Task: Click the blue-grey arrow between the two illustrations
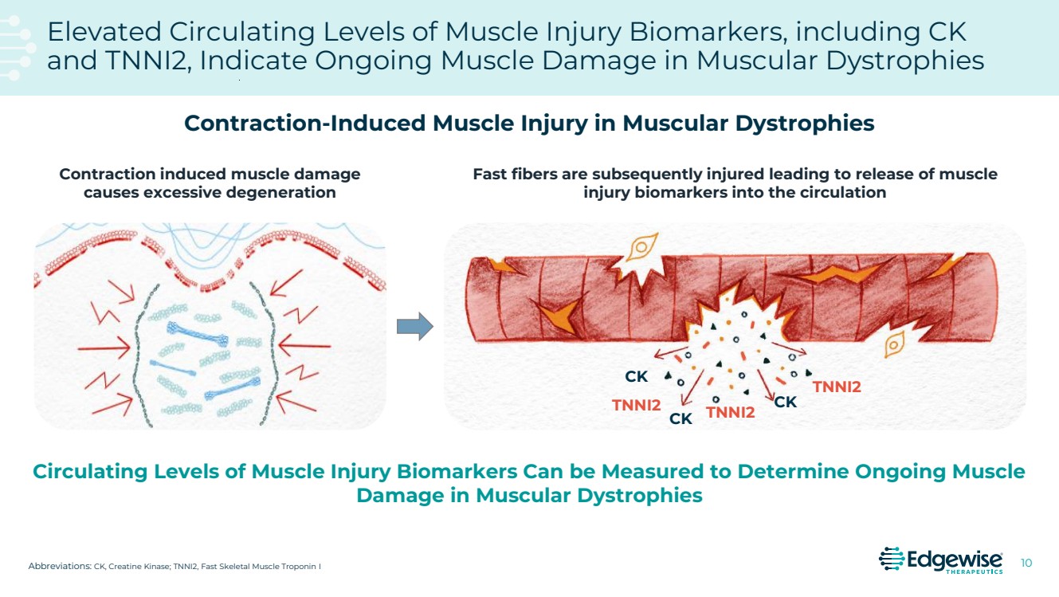(x=414, y=325)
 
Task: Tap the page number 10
(x=1026, y=564)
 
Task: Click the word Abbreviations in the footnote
(x=60, y=567)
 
